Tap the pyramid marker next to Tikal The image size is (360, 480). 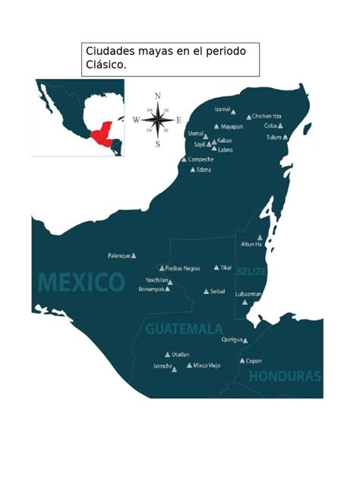coord(216,267)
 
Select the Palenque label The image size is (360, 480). coord(118,256)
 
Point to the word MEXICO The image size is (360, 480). coord(81,283)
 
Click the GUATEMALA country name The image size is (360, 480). coord(184,330)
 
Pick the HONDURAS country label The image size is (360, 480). coord(285,376)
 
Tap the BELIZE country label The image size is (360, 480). coord(251,271)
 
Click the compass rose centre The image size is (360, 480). coord(157,120)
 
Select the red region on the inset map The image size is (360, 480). coord(101,136)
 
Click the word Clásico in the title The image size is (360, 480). coord(106,66)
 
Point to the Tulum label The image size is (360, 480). coord(273,137)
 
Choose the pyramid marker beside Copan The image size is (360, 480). coord(242,361)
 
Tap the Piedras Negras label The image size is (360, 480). coord(182,268)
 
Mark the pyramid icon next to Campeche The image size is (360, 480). coord(184,159)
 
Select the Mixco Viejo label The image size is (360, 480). coord(207,365)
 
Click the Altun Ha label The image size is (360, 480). coord(251,244)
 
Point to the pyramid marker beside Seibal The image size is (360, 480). coord(206,291)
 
